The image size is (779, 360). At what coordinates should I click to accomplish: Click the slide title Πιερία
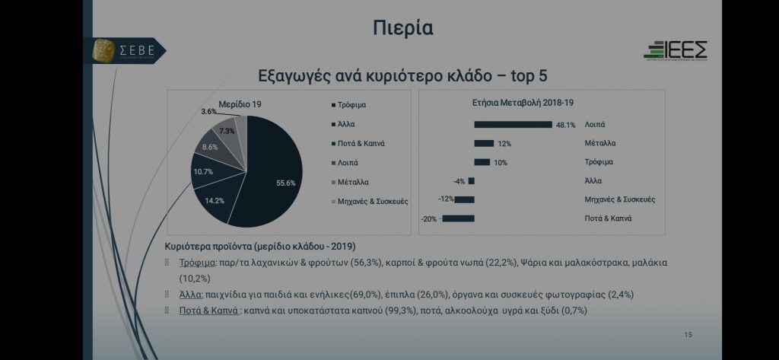pos(403,29)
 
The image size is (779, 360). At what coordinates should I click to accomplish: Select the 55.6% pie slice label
pos(286,183)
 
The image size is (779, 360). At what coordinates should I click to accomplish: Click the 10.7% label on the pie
pos(202,172)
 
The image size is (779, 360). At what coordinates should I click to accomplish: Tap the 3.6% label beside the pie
pos(208,112)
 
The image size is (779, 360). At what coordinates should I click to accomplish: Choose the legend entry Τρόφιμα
pos(352,104)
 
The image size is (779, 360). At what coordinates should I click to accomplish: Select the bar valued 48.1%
pos(513,124)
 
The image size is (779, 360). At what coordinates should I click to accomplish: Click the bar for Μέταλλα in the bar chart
pos(484,143)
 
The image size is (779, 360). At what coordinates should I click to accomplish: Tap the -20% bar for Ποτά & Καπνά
pos(458,219)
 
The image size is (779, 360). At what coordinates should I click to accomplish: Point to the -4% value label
pos(458,181)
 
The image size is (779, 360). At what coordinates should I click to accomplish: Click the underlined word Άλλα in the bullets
pos(190,295)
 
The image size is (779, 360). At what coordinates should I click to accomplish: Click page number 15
pos(688,335)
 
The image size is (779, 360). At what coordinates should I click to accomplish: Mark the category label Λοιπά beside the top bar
pos(595,124)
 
